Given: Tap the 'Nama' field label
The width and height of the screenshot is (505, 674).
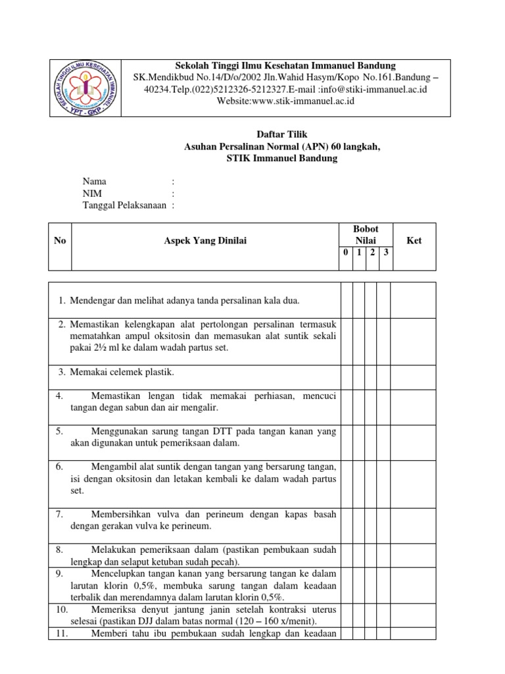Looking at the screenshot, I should coord(93,181).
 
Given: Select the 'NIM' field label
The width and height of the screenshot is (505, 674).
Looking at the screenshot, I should coord(93,194).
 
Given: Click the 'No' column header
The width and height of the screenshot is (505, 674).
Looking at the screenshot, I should coord(60,241).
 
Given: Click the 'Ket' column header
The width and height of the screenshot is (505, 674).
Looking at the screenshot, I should coord(414,241).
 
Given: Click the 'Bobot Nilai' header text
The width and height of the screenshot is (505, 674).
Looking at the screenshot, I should coord(366,235).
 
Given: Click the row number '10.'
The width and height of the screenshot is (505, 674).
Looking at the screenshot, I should coord(61,609).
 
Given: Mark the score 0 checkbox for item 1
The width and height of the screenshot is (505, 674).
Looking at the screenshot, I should coord(345,300).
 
